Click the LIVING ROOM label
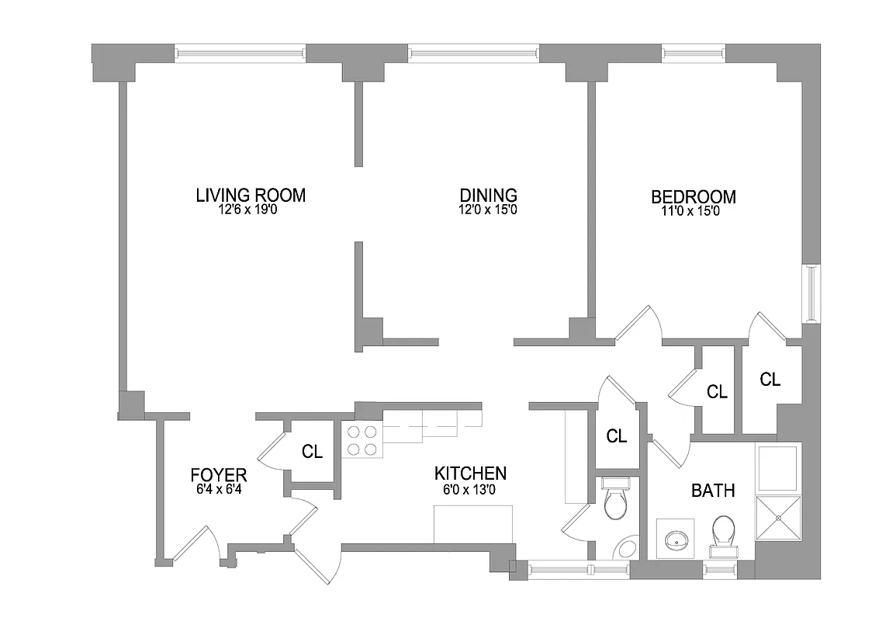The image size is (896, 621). coord(251,196)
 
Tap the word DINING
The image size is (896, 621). coord(488,196)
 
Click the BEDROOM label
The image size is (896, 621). coord(693,197)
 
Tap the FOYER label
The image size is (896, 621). coord(219,475)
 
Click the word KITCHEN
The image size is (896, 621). coord(470,474)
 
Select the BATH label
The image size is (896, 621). coord(713,491)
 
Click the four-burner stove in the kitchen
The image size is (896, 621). coord(361,441)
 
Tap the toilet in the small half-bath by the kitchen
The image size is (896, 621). coord(618,502)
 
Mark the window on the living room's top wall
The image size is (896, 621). coord(240,54)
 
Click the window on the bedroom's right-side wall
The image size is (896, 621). coord(811,293)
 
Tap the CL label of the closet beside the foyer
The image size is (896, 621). coord(312,451)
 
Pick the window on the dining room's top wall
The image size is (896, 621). coord(473,54)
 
